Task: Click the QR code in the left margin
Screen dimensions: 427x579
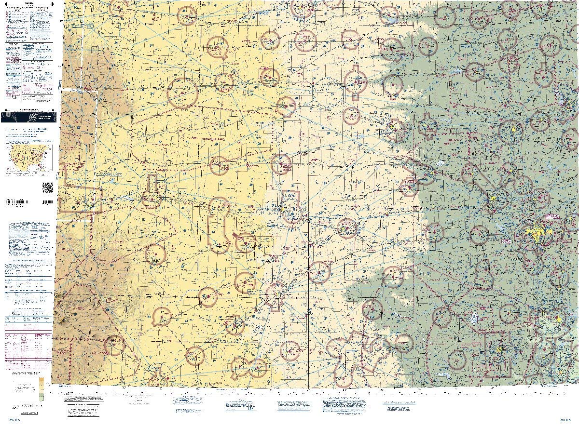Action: (x=48, y=187)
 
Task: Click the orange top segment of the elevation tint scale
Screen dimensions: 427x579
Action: (x=41, y=380)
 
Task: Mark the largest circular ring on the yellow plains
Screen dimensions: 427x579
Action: (x=182, y=93)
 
